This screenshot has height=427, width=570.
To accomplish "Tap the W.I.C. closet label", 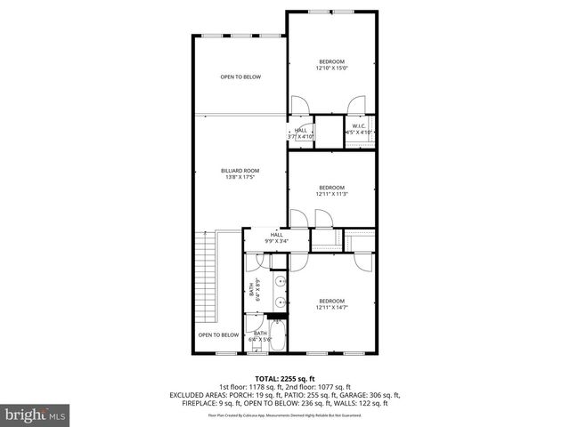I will [x=359, y=126].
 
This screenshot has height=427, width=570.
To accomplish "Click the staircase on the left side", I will [x=207, y=276].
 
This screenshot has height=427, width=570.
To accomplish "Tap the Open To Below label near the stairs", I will [x=218, y=335].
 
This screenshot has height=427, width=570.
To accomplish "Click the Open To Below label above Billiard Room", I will [x=240, y=77].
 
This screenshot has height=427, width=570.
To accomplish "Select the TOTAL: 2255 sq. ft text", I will [x=285, y=378].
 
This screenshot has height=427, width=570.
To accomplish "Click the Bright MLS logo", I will [x=36, y=415].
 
